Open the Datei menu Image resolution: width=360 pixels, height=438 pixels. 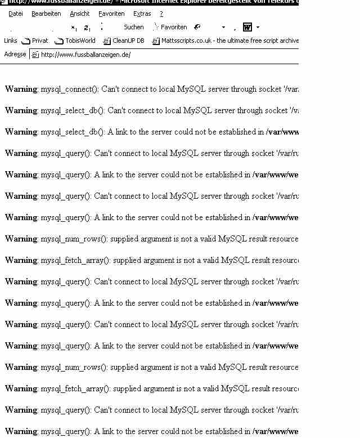[16, 14]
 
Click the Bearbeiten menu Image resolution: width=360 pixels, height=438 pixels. [46, 14]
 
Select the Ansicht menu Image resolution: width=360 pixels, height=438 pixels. [80, 14]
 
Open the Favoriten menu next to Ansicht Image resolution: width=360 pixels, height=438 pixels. [111, 14]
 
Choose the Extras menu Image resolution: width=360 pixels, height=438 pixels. [142, 14]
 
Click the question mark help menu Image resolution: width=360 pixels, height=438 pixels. [161, 14]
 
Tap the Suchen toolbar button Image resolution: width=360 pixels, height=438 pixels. [134, 27]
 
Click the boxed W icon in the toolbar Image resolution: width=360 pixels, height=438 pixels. [247, 27]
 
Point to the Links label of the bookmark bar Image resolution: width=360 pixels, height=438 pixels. [10, 41]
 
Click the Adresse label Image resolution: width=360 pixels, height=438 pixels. [15, 55]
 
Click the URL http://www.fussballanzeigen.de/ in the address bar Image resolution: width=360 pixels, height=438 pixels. [85, 55]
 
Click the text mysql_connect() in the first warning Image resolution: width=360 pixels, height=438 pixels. [70, 89]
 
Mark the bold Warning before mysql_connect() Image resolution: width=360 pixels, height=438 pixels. [21, 89]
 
